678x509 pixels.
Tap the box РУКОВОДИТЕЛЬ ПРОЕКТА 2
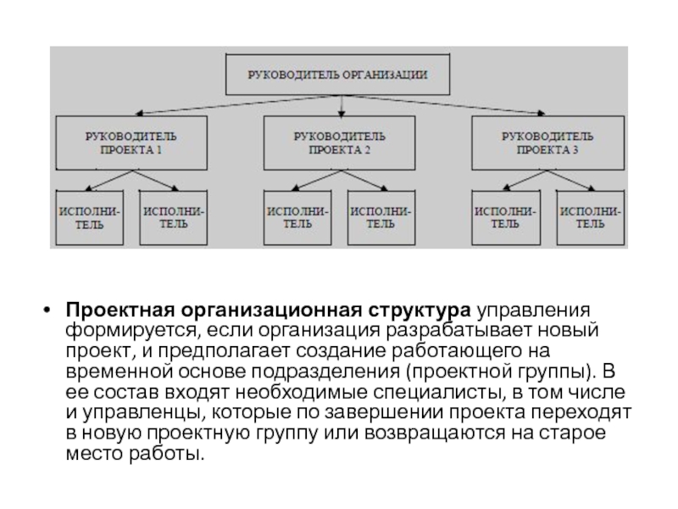pos(339,142)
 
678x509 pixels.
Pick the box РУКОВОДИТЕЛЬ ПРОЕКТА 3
pos(547,142)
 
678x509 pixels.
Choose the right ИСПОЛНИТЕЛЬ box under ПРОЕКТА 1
pos(174,216)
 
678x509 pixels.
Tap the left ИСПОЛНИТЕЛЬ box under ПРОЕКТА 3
pos(504,216)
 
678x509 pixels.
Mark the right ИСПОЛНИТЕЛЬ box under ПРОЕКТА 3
pos(591,216)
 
